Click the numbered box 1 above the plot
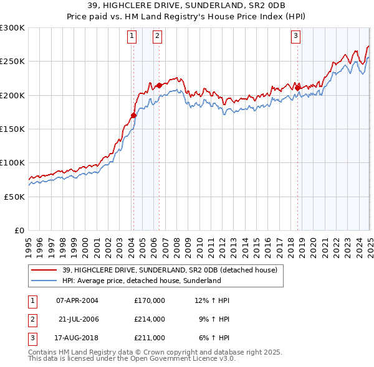coord(133,37)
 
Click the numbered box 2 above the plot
coord(158,37)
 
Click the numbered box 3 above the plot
coord(295,37)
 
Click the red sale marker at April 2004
coord(133,115)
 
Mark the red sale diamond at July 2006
coord(160,85)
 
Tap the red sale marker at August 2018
coord(297,87)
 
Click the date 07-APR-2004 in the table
coord(77,300)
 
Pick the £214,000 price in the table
coord(150,319)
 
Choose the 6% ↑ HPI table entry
coord(214,338)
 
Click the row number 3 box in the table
coord(32,338)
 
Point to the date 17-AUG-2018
coord(77,338)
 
